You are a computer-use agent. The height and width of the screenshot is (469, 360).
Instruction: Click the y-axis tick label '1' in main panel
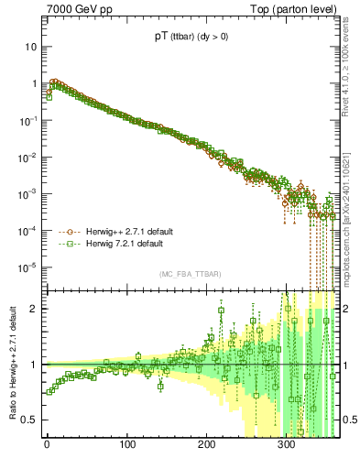(x=35, y=83)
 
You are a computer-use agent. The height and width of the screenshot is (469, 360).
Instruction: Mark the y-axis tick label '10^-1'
(x=30, y=119)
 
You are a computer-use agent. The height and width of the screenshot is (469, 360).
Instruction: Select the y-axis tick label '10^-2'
(x=30, y=157)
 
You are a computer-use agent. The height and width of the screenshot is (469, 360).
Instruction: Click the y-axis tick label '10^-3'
(x=30, y=193)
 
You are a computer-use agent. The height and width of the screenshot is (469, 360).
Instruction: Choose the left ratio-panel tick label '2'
(x=35, y=308)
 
